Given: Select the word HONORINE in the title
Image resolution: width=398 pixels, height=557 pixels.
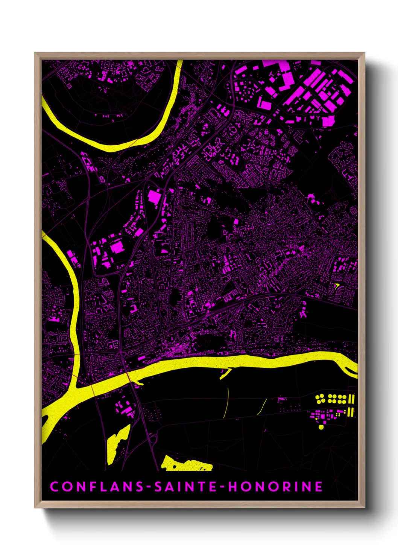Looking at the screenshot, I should (275, 486).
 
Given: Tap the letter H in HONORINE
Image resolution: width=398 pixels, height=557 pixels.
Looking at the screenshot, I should (233, 486).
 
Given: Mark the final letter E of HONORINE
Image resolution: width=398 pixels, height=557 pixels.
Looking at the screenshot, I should (319, 486).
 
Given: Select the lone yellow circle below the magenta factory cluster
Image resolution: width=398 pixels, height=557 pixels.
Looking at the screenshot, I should (321, 427).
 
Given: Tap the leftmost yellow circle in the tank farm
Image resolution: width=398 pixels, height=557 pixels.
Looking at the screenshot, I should (317, 397).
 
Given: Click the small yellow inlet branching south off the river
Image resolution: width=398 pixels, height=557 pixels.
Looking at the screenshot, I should (225, 374).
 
